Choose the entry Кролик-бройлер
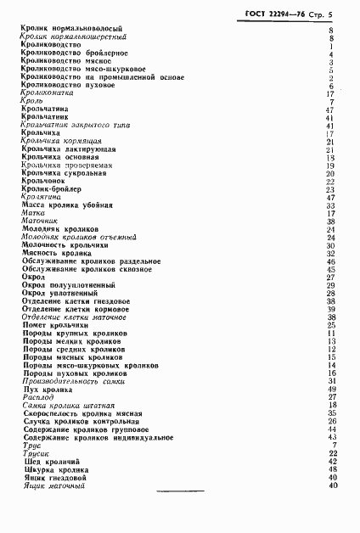(49, 189)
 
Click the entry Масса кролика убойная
(63, 205)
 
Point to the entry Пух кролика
(42, 390)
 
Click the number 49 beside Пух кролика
(333, 390)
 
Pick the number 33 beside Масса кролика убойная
(333, 205)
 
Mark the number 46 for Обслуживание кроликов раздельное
(333, 261)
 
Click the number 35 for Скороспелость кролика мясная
(333, 413)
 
